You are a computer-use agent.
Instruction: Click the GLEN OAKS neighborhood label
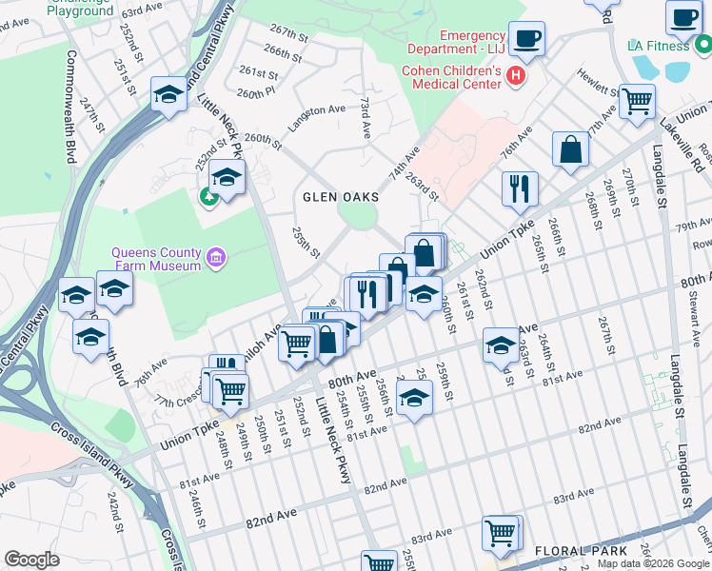tap(340, 197)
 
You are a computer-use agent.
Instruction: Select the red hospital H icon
tap(516, 75)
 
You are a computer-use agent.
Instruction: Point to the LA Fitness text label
tap(658, 46)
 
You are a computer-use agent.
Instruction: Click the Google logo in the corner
tap(31, 560)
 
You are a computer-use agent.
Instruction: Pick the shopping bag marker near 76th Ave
tap(570, 148)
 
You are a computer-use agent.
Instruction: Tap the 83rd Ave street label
tap(574, 497)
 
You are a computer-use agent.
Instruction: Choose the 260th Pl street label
tap(256, 93)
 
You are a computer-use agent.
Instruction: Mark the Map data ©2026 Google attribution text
tap(653, 563)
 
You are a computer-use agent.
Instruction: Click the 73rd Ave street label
tap(365, 113)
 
